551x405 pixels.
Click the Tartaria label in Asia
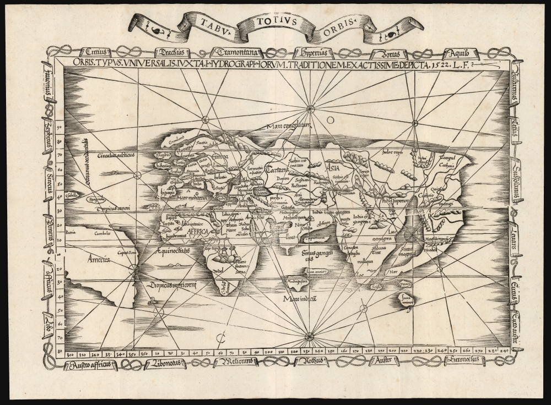(x=277, y=170)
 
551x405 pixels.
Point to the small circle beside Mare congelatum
(x=329, y=119)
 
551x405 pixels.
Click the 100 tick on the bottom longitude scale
(x=269, y=351)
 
